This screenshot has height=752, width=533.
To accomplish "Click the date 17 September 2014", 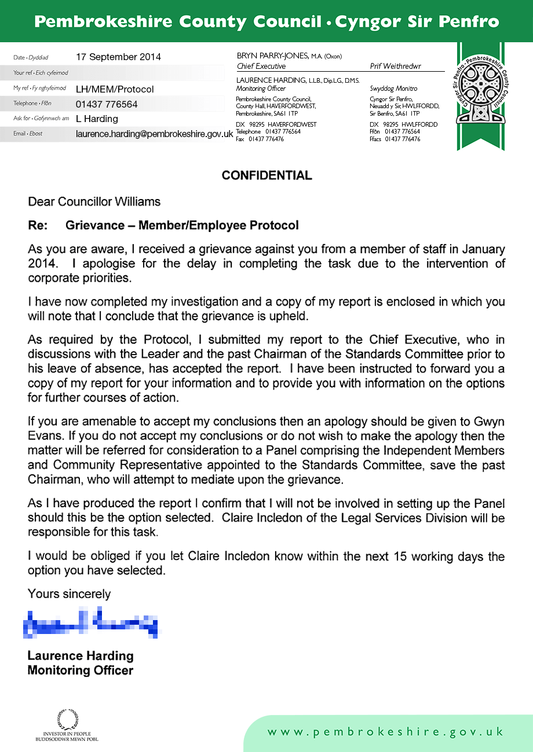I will tap(118, 57).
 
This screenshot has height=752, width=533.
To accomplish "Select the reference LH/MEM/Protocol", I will tap(115, 89).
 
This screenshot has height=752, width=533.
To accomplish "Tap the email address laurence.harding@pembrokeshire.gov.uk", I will tap(154, 134).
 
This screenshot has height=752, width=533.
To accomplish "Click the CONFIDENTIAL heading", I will tap(266, 175).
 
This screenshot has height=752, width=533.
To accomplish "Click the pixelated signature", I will tap(90, 621).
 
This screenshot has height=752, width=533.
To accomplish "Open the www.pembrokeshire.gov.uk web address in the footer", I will tap(385, 732).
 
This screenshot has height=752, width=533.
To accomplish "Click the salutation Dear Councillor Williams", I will tap(94, 202).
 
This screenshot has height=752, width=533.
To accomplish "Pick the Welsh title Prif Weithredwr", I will tap(395, 67).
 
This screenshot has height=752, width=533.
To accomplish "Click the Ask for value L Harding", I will tap(97, 119).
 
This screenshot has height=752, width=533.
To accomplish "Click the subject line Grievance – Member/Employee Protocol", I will tap(182, 225).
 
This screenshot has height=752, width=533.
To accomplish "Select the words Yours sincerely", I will tap(69, 594).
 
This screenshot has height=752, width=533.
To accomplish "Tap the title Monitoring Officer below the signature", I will tap(81, 671).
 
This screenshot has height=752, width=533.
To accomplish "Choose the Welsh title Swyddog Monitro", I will tap(393, 89).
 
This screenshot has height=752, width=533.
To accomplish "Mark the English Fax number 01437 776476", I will tap(266, 139).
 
